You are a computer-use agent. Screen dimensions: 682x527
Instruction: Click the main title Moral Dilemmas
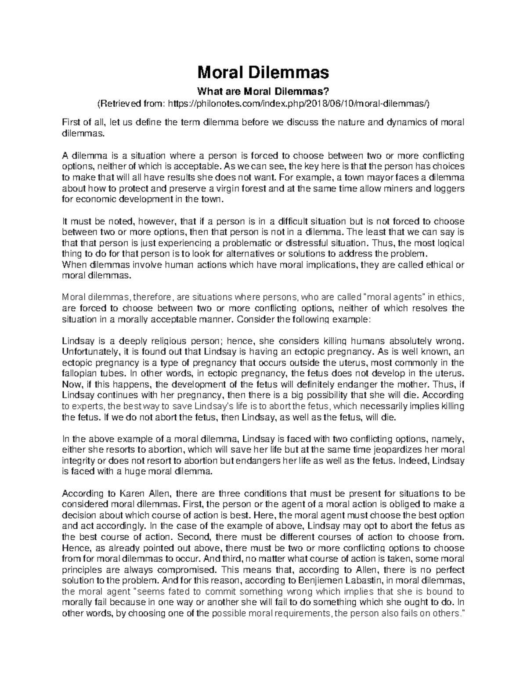pyautogui.click(x=263, y=71)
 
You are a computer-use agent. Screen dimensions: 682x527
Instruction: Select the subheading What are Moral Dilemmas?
pyautogui.click(x=263, y=91)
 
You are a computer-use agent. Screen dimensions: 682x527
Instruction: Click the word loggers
pyautogui.click(x=448, y=188)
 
